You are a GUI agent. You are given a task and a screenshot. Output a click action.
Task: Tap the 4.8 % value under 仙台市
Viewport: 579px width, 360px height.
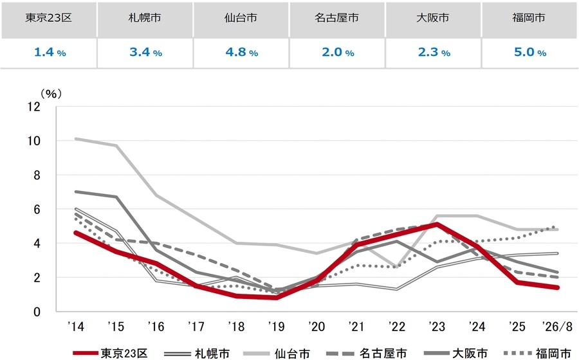point(241,52)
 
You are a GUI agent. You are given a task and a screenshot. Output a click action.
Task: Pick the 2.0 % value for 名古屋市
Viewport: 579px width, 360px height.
point(338,52)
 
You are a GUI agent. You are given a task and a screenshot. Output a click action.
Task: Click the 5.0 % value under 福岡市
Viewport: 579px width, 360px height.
point(530,52)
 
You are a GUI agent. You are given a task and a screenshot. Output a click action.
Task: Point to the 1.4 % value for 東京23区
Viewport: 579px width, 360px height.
point(50,52)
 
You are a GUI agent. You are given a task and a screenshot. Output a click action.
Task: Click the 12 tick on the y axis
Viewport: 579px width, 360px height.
point(34,107)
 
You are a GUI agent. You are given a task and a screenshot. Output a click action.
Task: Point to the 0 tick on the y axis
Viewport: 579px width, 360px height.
point(37,312)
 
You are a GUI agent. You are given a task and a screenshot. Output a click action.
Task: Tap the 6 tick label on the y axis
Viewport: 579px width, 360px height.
point(37,210)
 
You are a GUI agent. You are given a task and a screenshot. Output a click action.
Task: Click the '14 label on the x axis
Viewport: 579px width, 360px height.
point(76,327)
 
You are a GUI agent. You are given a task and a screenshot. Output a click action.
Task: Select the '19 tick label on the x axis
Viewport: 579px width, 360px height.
point(276,327)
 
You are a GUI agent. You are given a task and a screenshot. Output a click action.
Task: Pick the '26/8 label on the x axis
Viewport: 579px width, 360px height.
point(557,327)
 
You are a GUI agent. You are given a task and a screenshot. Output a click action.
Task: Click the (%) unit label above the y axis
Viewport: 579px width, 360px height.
point(51,94)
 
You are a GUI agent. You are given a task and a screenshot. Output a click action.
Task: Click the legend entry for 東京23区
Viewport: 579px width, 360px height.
point(110,354)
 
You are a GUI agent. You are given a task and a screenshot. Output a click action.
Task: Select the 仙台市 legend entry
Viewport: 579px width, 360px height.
point(277,354)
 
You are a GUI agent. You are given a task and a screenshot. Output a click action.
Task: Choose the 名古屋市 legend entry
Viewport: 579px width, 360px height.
point(367,354)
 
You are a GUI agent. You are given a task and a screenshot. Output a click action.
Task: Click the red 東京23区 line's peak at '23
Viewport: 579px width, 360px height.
point(437,224)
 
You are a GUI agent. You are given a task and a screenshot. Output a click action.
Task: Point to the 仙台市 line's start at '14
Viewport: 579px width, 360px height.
point(76,139)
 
